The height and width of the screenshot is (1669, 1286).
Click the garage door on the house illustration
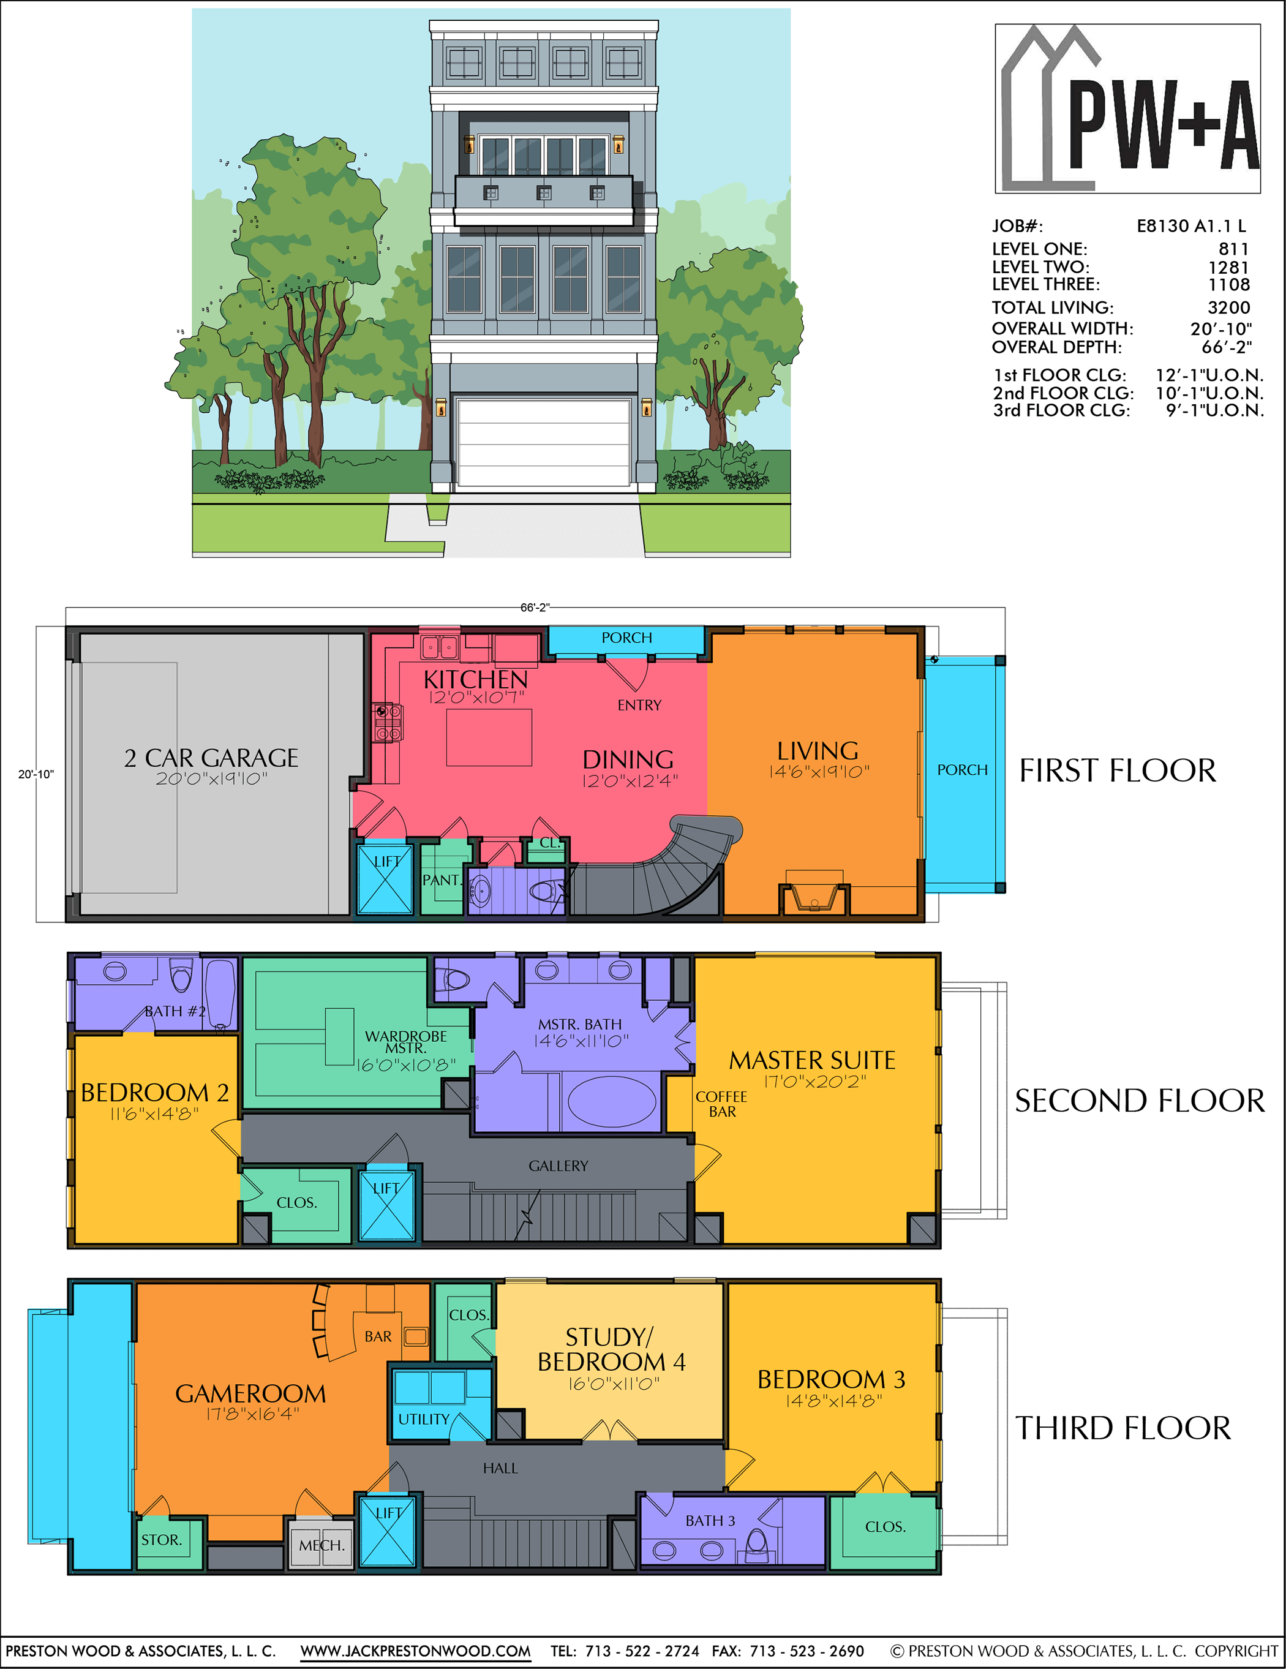(x=543, y=442)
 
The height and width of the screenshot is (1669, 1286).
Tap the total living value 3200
(x=1228, y=307)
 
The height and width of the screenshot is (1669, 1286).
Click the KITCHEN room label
(x=475, y=679)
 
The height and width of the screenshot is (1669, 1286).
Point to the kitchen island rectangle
(x=489, y=737)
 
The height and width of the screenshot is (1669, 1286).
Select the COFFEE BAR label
(x=721, y=1104)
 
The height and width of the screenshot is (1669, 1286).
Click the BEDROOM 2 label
(x=154, y=1092)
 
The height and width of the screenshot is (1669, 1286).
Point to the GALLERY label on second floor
(x=558, y=1166)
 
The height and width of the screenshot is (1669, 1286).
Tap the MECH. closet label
(x=321, y=1545)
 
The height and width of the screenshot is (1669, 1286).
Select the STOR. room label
(x=161, y=1540)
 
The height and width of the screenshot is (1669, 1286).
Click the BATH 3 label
(x=710, y=1520)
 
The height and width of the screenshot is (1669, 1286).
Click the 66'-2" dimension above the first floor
(x=535, y=608)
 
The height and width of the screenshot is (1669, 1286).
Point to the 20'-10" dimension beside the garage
(x=36, y=774)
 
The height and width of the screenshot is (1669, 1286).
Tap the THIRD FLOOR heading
(x=1122, y=1428)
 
